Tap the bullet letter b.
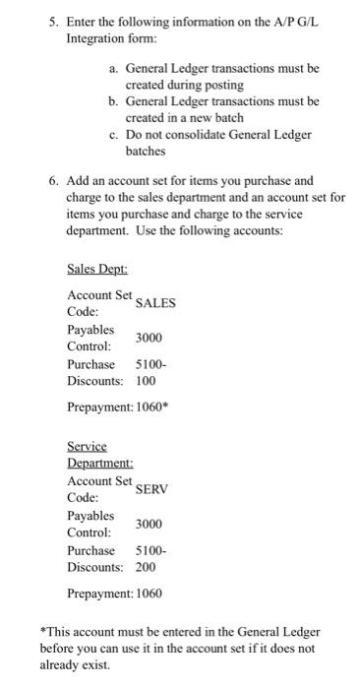pyautogui.click(x=113, y=100)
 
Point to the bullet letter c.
pyautogui.click(x=113, y=134)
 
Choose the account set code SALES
pyautogui.click(x=155, y=303)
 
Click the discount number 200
pyautogui.click(x=146, y=568)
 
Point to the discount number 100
pyautogui.click(x=146, y=381)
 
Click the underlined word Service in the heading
pyautogui.click(x=88, y=446)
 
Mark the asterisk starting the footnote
pyautogui.click(x=43, y=631)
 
